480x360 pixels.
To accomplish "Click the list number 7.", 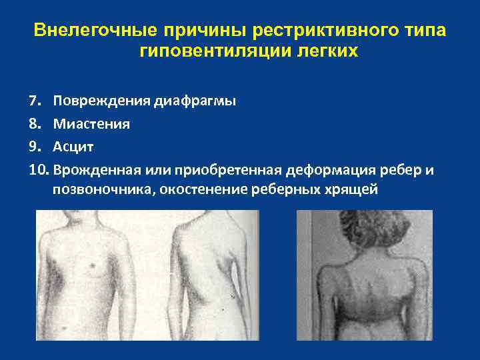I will pyautogui.click(x=35, y=101).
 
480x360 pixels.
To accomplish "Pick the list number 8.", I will pyautogui.click(x=35, y=124).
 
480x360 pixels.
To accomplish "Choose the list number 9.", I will pyautogui.click(x=35, y=147).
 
